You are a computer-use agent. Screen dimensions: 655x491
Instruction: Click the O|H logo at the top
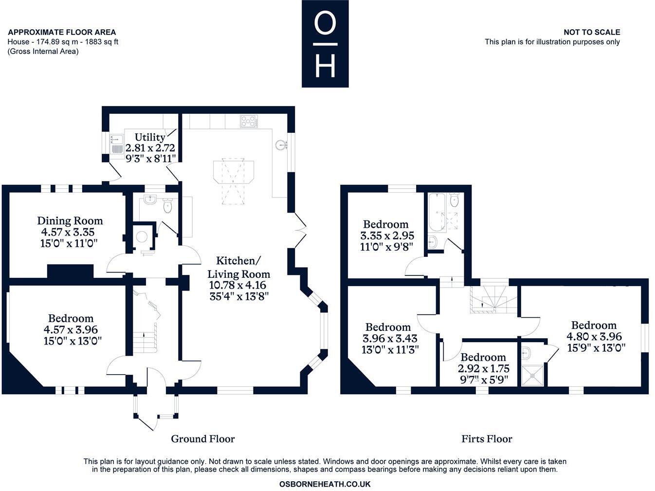click(x=325, y=43)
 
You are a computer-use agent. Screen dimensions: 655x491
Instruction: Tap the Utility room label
click(x=150, y=137)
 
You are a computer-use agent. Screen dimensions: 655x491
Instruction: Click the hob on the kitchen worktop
click(x=249, y=122)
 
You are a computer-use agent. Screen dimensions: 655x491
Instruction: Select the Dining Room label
click(x=70, y=221)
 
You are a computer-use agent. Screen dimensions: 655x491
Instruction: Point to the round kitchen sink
click(x=280, y=145)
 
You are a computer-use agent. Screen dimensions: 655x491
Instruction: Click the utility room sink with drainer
click(x=116, y=145)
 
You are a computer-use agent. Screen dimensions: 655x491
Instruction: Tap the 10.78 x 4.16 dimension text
click(x=237, y=285)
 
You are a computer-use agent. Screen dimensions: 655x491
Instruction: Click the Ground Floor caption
click(x=203, y=439)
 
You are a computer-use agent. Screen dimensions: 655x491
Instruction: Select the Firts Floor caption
click(x=487, y=439)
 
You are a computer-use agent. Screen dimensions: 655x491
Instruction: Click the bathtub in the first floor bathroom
click(x=437, y=212)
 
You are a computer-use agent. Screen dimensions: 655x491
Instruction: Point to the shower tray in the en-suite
click(x=533, y=376)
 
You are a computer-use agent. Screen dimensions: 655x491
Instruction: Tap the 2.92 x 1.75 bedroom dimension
click(x=483, y=369)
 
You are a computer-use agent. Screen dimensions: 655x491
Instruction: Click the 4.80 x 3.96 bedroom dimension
click(x=594, y=336)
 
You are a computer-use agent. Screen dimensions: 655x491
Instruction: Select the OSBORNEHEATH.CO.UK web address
click(x=325, y=484)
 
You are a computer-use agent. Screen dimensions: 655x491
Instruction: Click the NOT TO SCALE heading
click(x=592, y=32)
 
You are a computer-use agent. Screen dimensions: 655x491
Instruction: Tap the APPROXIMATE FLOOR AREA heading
click(x=62, y=32)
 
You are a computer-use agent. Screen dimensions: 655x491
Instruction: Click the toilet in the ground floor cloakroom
click(x=168, y=206)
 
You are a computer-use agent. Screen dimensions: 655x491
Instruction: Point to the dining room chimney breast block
click(x=71, y=271)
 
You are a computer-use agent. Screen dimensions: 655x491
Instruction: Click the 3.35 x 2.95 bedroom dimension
click(x=387, y=236)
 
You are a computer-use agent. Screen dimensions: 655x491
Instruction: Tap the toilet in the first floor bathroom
click(x=455, y=200)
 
